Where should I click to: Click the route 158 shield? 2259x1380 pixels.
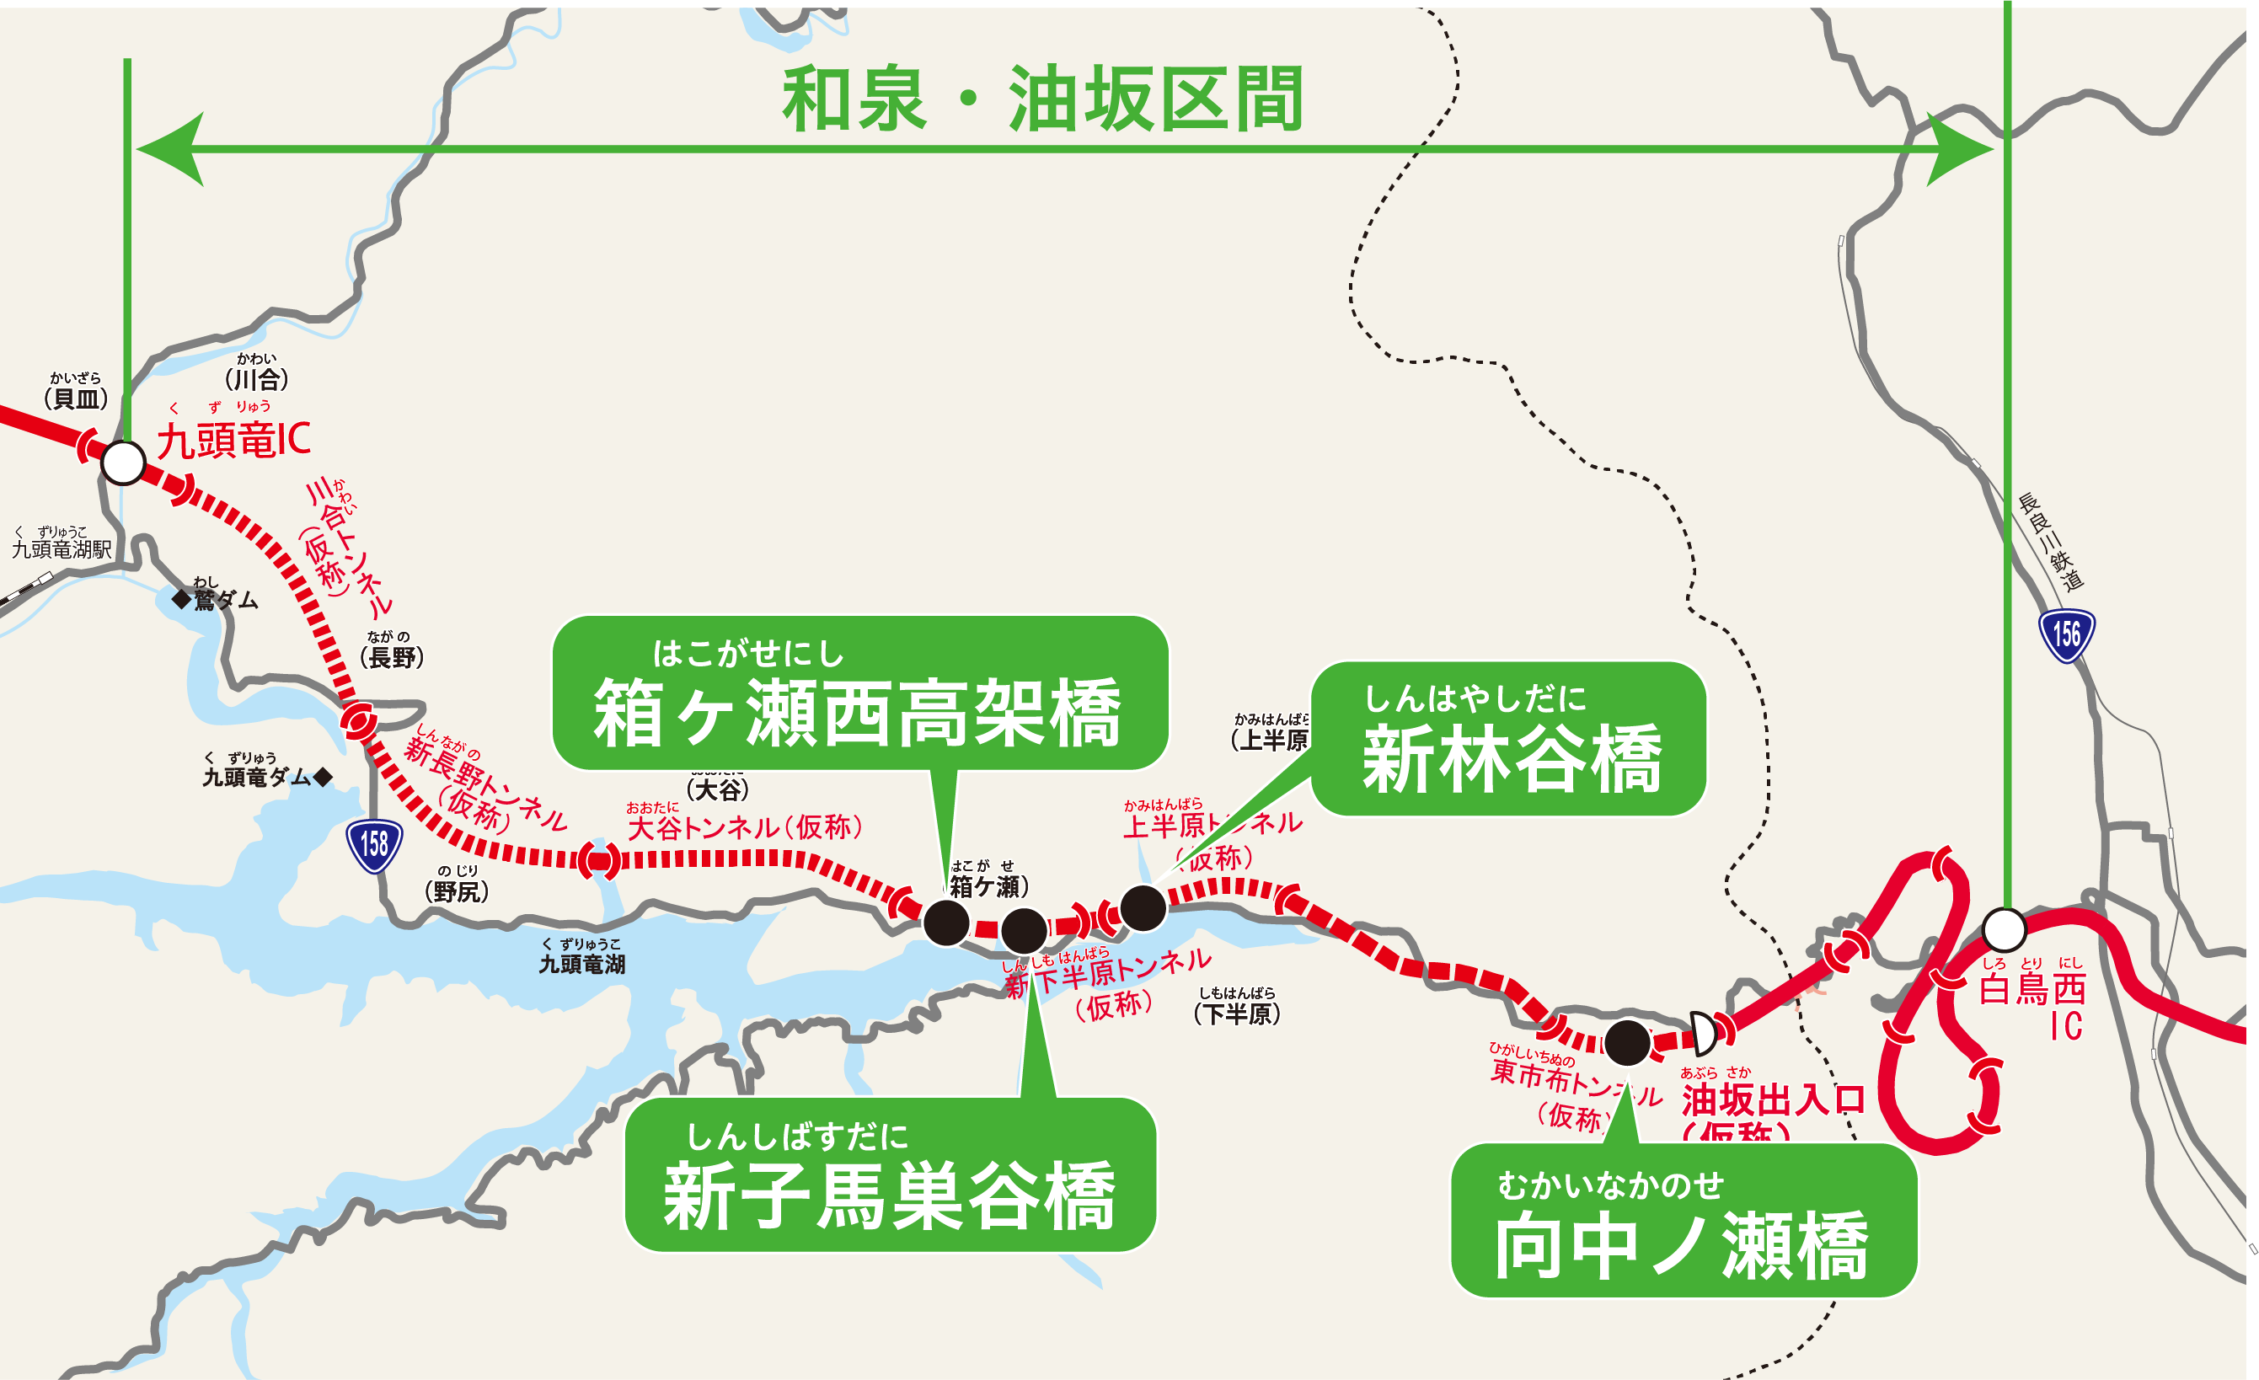coord(374,844)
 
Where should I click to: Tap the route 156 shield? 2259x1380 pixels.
coord(2067,634)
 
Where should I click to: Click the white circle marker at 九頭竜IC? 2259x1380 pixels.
coord(123,463)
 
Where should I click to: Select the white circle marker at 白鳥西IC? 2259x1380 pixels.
coord(2005,930)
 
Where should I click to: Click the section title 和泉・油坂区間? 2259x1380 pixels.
coord(1042,99)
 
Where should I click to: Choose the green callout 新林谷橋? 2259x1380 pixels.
coord(1509,739)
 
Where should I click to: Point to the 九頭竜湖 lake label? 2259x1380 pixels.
coord(582,964)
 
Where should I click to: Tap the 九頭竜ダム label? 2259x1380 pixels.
coord(259,777)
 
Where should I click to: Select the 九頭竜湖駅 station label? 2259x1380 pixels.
coord(62,548)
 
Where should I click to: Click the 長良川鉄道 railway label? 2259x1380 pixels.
coord(2051,541)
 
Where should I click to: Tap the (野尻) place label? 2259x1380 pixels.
coord(457,891)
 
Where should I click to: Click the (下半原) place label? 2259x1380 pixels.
coord(1237,1014)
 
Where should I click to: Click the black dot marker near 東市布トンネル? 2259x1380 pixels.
coord(1627,1042)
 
